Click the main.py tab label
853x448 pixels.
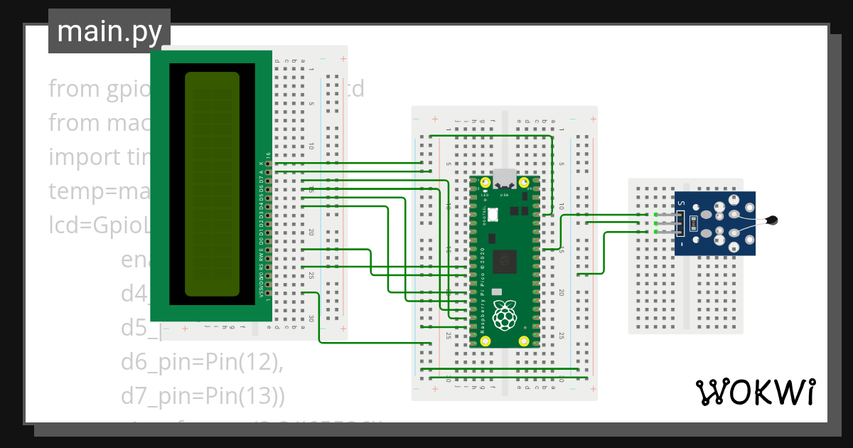click(x=109, y=31)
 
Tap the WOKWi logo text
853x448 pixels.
click(x=755, y=392)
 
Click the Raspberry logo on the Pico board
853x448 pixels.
click(x=505, y=316)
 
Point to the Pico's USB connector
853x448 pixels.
click(x=505, y=178)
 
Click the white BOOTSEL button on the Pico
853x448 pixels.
click(x=493, y=215)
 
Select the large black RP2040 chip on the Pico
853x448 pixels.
click(x=506, y=261)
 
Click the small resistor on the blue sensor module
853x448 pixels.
click(x=694, y=225)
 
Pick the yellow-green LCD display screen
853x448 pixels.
click(x=212, y=183)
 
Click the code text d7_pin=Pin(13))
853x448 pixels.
click(x=203, y=394)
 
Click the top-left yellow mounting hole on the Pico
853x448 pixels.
click(x=486, y=183)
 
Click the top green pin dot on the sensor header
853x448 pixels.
click(x=655, y=215)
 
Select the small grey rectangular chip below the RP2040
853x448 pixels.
click(x=496, y=292)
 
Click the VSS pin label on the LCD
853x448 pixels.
click(x=261, y=292)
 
